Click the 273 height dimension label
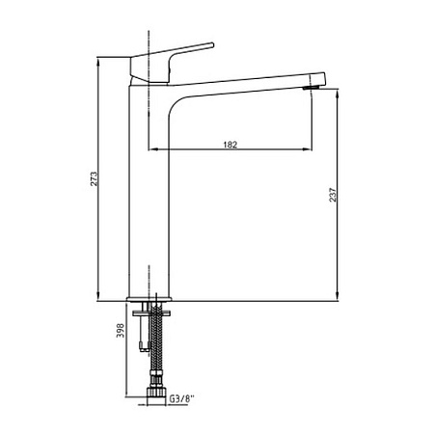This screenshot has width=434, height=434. (x=94, y=179)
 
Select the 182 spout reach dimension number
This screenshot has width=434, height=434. (x=231, y=145)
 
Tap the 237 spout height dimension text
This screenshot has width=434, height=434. (x=333, y=195)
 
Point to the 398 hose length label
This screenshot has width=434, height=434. (x=121, y=331)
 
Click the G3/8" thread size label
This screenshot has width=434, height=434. (x=182, y=399)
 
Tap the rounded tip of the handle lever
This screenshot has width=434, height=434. (x=212, y=45)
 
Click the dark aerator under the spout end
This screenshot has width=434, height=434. (x=312, y=88)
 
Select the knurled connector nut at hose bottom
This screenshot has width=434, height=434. (x=156, y=393)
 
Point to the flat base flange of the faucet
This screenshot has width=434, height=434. (x=149, y=299)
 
